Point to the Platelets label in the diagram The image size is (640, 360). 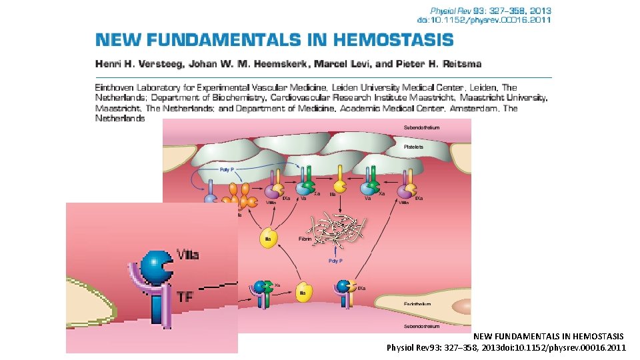pos(413,147)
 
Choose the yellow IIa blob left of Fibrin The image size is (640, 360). pos(267,239)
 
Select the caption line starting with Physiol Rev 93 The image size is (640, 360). pos(506,347)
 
